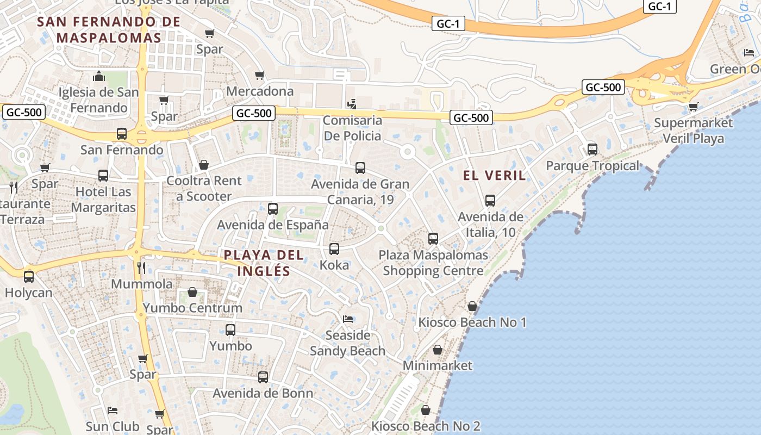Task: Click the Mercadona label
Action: (260, 91)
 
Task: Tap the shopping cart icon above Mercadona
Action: (260, 75)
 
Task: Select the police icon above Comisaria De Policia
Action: (352, 103)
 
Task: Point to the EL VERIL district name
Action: (495, 175)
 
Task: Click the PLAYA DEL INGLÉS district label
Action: (256, 263)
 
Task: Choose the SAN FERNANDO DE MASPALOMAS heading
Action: (109, 30)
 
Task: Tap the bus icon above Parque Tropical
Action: (592, 149)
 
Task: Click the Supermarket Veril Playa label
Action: (693, 130)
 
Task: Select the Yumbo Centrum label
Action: (192, 308)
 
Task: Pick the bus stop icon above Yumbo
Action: (230, 330)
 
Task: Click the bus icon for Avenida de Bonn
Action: (263, 377)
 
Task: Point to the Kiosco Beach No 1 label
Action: (472, 322)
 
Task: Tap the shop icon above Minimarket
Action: (438, 350)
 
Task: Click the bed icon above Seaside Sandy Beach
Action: (348, 319)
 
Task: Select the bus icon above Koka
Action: (334, 249)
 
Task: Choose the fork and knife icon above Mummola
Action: (141, 268)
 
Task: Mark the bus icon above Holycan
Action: (29, 276)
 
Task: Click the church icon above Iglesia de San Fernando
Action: (99, 76)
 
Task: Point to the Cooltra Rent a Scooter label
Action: (204, 188)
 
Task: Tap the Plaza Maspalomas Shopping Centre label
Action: (433, 263)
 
